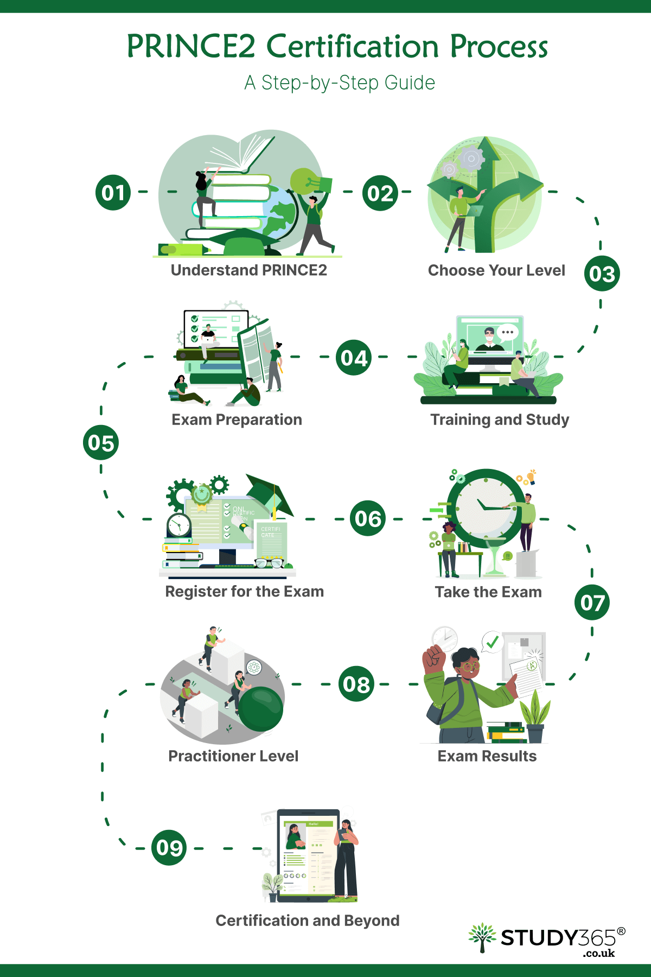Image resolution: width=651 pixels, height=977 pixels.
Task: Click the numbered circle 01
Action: point(113,193)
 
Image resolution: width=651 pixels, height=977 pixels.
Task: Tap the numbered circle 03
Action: point(602,274)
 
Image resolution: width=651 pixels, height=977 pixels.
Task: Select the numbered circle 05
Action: point(101,442)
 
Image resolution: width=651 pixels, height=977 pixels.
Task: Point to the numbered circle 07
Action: point(592,602)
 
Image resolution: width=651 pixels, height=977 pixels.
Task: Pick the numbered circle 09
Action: point(169,847)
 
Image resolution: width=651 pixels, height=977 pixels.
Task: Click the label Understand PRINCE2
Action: point(248,270)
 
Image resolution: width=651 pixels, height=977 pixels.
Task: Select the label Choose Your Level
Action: point(496,270)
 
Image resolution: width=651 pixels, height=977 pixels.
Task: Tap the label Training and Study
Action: point(500,420)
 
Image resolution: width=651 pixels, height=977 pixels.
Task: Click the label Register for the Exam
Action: point(244,591)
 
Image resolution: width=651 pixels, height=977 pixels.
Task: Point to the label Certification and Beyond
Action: point(307,921)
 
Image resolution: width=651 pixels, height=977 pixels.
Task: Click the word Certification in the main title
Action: point(352,46)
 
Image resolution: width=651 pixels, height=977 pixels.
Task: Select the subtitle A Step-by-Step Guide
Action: point(340,83)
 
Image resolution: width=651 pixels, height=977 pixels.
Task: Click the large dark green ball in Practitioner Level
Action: point(261,709)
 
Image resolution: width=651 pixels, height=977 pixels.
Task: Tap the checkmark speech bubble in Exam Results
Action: point(492,642)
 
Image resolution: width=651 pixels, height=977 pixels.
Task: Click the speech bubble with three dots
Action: point(508,332)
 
